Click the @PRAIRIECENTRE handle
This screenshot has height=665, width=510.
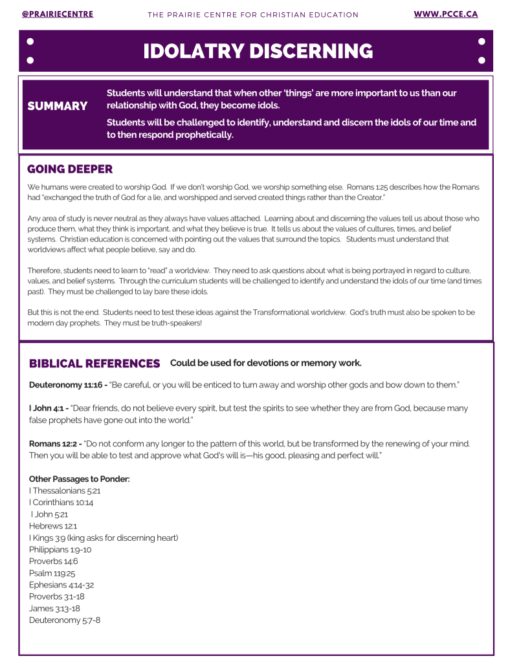click(x=57, y=14)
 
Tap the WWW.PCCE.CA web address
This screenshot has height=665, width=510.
click(x=445, y=14)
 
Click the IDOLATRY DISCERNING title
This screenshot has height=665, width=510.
click(x=258, y=51)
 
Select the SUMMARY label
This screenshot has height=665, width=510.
click(x=58, y=106)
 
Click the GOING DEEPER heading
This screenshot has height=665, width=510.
click(x=70, y=169)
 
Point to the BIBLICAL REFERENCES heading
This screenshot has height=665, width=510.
click(x=94, y=364)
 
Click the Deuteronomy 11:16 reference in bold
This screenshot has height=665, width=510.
click(x=67, y=385)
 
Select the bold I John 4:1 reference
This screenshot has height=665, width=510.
click(x=49, y=408)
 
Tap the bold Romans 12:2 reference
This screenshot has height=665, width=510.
click(x=55, y=444)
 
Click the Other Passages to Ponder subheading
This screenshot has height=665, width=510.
click(x=80, y=479)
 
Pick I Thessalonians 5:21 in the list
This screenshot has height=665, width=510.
click(x=65, y=491)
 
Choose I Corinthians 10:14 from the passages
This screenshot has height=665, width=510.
click(x=61, y=503)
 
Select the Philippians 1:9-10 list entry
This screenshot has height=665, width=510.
click(x=60, y=549)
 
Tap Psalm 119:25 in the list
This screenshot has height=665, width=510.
click(x=53, y=573)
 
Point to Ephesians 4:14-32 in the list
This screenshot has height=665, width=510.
click(x=61, y=585)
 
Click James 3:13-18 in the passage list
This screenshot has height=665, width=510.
click(x=54, y=608)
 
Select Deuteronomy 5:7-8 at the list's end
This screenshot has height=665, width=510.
click(x=65, y=620)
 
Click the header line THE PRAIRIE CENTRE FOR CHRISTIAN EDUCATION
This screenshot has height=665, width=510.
click(x=253, y=15)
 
